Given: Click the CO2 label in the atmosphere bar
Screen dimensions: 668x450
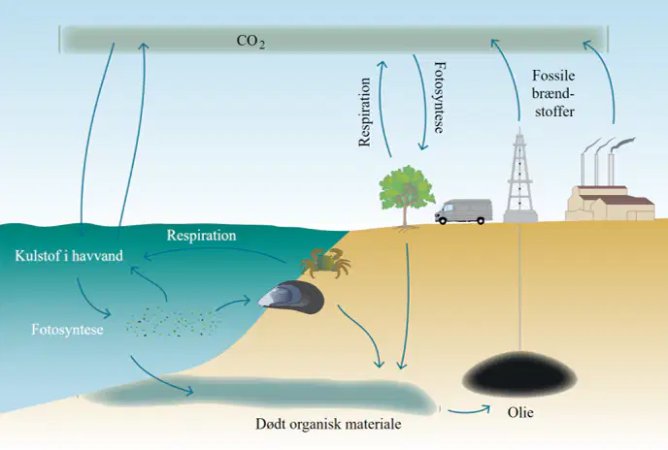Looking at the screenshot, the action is (x=250, y=42).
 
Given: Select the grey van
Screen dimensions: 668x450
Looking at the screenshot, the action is (x=463, y=211).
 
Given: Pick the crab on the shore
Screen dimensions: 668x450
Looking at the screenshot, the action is (x=325, y=262).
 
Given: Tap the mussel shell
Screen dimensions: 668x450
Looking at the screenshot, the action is (x=291, y=297).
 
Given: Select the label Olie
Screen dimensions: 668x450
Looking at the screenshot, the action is (x=520, y=412).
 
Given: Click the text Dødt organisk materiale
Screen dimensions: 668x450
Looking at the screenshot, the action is (x=328, y=424).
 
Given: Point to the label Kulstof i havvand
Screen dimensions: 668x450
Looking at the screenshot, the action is (x=69, y=256).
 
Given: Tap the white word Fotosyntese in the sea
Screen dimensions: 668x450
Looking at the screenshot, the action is (x=67, y=330).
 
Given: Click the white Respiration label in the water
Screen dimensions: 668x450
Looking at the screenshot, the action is (x=202, y=236).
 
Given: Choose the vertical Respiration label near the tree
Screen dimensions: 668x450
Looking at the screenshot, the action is (x=365, y=112).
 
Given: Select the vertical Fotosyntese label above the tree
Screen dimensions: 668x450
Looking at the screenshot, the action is (x=440, y=97).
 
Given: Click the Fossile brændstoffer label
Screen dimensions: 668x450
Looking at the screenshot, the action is (x=553, y=93).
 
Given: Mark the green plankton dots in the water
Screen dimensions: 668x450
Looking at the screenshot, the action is (x=173, y=321).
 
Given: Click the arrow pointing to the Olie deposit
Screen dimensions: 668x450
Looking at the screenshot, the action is (x=469, y=410).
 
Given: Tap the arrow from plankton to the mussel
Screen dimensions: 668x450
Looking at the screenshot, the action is (x=233, y=304).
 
